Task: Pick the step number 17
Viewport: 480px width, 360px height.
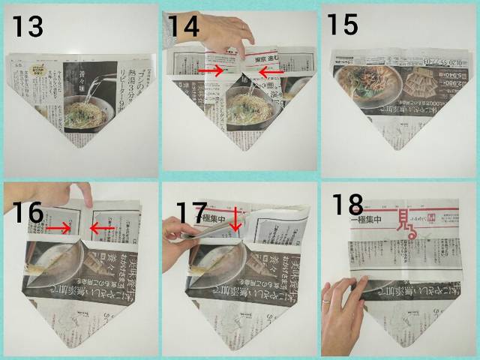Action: (x=192, y=213)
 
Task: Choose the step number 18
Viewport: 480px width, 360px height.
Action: (x=346, y=205)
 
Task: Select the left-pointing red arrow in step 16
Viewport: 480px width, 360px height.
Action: (x=102, y=226)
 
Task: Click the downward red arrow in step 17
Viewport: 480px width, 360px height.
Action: (x=235, y=220)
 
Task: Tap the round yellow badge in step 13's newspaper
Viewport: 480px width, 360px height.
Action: (x=35, y=73)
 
